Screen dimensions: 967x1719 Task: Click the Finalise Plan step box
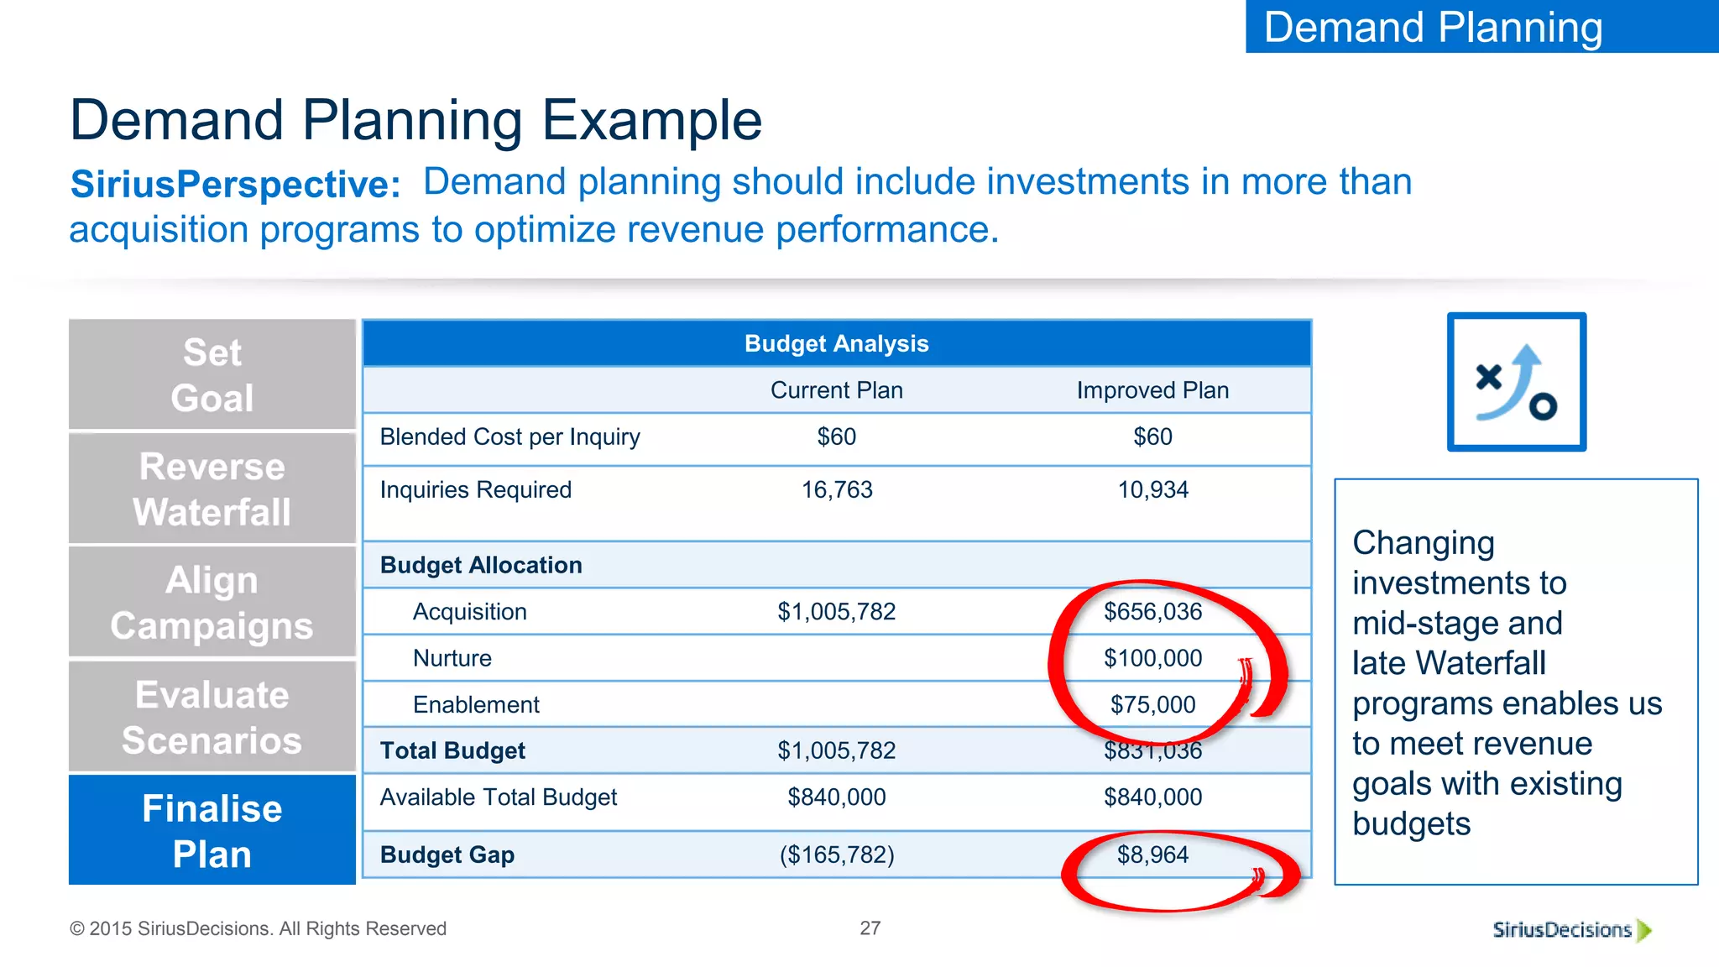[212, 830]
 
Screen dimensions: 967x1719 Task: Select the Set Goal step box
[212, 374]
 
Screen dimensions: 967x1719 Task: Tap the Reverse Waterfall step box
[212, 489]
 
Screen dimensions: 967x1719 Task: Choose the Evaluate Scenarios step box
[212, 717]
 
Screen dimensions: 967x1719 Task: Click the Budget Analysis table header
[836, 343]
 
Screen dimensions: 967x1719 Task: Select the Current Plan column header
[836, 390]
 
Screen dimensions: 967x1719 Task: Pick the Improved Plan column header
[1152, 390]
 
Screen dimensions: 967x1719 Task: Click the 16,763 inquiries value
[836, 489]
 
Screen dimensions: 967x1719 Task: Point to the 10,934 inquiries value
[1152, 489]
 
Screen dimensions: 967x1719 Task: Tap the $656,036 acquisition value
[1152, 612]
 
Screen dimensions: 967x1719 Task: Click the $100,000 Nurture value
[1152, 658]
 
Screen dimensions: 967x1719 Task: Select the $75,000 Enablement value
[1152, 704]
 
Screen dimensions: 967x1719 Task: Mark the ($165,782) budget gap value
[836, 855]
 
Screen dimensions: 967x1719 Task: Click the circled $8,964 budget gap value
[1152, 855]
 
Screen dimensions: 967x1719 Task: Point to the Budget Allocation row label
[481, 565]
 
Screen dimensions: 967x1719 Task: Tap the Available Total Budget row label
[498, 797]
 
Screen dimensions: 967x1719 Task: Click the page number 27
[870, 928]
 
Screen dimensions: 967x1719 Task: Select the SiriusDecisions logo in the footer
[1570, 930]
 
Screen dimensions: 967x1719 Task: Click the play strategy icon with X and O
[1516, 382]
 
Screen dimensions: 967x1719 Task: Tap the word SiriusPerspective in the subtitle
[235, 185]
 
